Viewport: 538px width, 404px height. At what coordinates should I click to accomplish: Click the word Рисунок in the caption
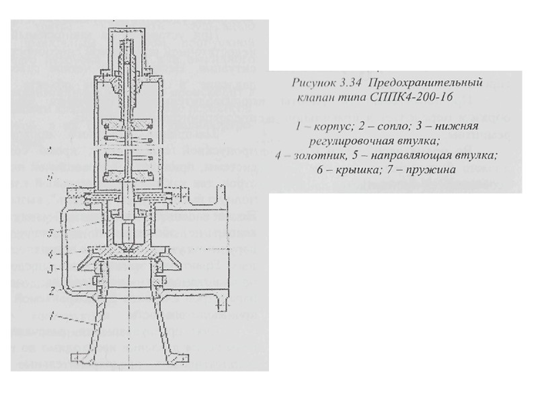[x=315, y=83]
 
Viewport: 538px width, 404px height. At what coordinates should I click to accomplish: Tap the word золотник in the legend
[x=318, y=156]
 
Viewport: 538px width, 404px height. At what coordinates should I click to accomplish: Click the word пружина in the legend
[x=428, y=170]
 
